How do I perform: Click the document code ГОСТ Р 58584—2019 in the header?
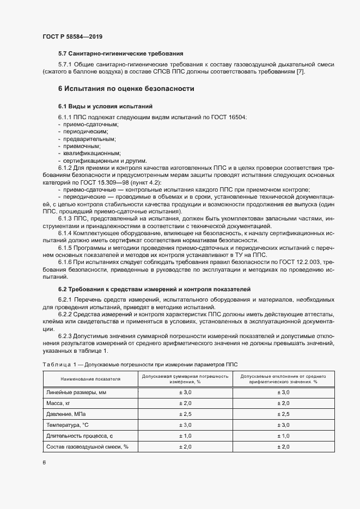coord(72,36)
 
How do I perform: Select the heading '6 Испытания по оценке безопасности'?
coord(126,88)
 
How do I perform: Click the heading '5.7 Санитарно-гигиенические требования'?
coord(120,53)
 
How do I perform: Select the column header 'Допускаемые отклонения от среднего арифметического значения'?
coord(283,379)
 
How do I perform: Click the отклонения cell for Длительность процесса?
coord(283,436)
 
